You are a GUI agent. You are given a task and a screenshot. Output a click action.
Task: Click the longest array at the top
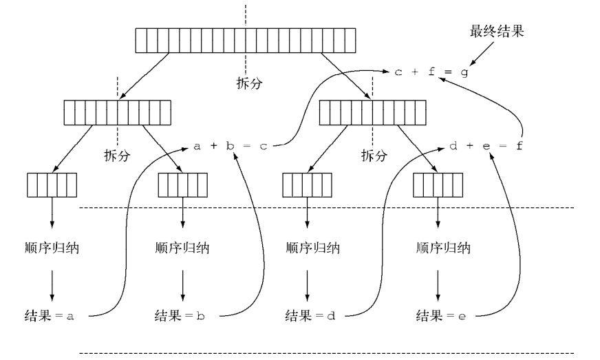(x=245, y=41)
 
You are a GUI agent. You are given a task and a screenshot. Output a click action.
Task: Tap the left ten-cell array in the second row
(x=117, y=112)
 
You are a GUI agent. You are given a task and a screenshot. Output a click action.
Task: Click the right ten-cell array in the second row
(x=373, y=112)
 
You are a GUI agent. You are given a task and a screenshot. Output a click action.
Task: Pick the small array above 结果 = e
(x=438, y=185)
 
